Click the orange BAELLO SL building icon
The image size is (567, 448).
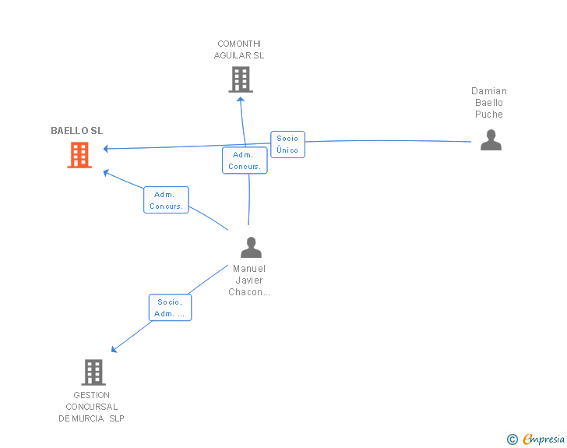(x=79, y=155)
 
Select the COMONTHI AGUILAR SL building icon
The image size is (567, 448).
(x=241, y=79)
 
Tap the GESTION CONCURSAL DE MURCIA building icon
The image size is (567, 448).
(x=93, y=372)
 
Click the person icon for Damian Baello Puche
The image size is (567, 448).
(x=491, y=139)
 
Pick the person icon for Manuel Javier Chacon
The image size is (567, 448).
(x=251, y=247)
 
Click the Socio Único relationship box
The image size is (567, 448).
(x=287, y=144)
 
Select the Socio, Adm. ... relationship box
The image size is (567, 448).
(x=170, y=308)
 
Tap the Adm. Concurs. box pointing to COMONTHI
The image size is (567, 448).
(x=245, y=161)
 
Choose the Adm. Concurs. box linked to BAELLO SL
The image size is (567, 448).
(x=166, y=200)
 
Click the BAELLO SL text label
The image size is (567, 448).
(x=76, y=131)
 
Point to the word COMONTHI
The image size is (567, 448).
(x=239, y=44)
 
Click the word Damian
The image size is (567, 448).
(x=489, y=91)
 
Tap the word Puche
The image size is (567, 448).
(x=489, y=115)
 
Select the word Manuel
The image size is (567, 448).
(x=249, y=269)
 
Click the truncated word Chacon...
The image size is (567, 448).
(x=249, y=292)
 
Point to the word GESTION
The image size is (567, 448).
(x=91, y=395)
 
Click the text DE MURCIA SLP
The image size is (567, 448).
(x=91, y=418)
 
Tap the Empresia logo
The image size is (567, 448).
(x=536, y=439)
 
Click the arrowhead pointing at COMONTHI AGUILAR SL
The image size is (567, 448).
(x=241, y=100)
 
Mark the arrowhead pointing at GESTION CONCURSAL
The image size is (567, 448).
(x=114, y=349)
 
